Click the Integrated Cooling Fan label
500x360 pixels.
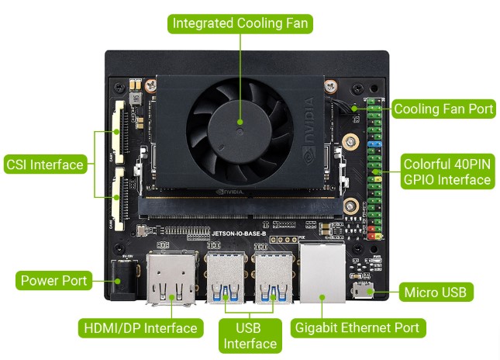tap(240, 23)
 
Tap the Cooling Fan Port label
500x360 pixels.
tap(443, 109)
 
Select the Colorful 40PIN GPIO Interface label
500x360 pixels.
tap(447, 171)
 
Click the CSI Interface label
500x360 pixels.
tap(44, 164)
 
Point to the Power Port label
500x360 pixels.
tap(54, 280)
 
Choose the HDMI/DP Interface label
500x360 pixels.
tap(140, 327)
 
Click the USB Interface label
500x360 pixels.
tap(250, 335)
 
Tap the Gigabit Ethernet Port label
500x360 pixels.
tap(357, 327)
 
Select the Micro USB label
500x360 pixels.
tap(435, 292)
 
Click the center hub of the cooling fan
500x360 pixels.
tap(240, 121)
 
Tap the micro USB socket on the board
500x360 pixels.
tap(361, 292)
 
